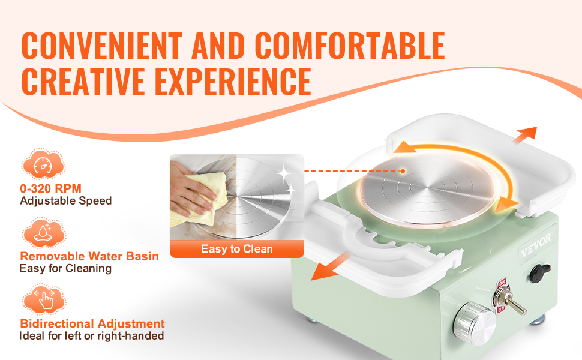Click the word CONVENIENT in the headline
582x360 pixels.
[102, 46]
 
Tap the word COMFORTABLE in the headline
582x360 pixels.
[350, 46]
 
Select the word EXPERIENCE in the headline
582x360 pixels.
[233, 82]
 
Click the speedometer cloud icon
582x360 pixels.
[43, 164]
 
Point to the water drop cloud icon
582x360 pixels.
[43, 233]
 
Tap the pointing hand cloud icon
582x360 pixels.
[43, 299]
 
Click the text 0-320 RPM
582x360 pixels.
[51, 188]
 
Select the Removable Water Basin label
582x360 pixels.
[89, 256]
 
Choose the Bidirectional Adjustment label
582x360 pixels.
[92, 323]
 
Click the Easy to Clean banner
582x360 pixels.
[237, 248]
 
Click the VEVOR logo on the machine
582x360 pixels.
[536, 245]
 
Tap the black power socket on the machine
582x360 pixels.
[539, 273]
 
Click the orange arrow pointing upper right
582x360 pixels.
[525, 135]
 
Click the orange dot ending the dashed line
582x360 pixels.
[403, 171]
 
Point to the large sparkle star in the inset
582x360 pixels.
[284, 173]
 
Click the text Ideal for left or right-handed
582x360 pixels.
[92, 336]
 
